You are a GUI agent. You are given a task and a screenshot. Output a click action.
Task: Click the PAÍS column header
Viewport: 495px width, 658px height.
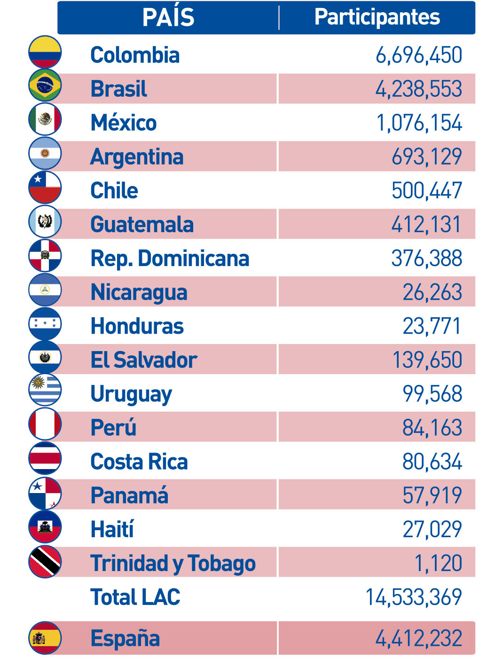pos(168,17)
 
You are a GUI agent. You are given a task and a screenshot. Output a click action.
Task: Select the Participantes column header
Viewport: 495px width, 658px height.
pos(377,17)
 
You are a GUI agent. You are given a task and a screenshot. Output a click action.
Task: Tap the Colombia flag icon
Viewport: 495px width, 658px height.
pos(45,52)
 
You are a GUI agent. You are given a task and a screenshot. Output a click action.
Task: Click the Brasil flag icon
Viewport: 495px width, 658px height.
pos(45,86)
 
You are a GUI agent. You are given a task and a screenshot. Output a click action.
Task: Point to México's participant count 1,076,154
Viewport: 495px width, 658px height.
pos(419,123)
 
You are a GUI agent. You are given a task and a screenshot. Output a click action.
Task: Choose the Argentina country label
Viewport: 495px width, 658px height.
pos(137,157)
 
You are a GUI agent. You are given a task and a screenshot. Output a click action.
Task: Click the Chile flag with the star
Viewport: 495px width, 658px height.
pos(45,187)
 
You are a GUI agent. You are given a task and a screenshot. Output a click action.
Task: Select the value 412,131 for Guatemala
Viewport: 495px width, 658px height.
pos(426,225)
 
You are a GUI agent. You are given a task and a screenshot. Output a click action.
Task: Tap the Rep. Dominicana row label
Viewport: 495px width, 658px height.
pos(170,258)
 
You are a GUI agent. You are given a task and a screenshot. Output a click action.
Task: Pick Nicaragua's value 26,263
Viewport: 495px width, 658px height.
pos(432,292)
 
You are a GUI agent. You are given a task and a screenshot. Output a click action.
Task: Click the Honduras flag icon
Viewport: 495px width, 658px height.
pos(45,323)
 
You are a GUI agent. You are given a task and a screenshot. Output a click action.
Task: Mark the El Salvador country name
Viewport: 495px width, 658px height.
pos(144,360)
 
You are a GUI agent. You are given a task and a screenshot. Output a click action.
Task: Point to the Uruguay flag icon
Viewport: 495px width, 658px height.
pos(45,390)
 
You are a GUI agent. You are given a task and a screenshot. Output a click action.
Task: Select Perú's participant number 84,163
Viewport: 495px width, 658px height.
pos(432,428)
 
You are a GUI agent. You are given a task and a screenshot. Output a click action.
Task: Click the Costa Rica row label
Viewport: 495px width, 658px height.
pos(139,462)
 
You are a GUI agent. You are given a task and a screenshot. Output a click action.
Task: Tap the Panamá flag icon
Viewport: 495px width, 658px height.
pos(45,493)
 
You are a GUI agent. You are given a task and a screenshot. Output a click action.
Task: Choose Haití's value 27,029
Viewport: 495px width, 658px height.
pos(432,529)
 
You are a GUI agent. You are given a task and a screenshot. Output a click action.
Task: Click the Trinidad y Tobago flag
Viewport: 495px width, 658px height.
pos(45,562)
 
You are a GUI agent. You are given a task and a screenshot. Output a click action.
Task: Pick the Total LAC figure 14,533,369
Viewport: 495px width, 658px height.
pos(414,597)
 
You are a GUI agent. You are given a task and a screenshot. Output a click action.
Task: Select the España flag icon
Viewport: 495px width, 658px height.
pos(45,638)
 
